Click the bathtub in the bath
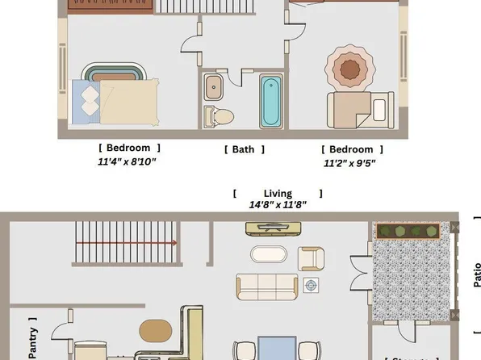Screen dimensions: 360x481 (x=270, y=102)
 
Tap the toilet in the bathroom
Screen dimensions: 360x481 (x=218, y=117)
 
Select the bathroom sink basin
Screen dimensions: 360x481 (x=215, y=86)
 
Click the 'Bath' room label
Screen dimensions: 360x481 (x=243, y=149)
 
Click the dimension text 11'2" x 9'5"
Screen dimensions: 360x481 (x=350, y=162)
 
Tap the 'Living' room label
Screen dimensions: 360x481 (x=277, y=194)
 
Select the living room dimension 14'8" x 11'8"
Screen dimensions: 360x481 (x=277, y=205)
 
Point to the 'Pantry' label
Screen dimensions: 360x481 (x=33, y=339)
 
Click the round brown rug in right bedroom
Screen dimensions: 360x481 (x=349, y=66)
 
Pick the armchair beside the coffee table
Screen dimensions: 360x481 (x=311, y=257)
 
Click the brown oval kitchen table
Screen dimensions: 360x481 (x=156, y=331)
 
